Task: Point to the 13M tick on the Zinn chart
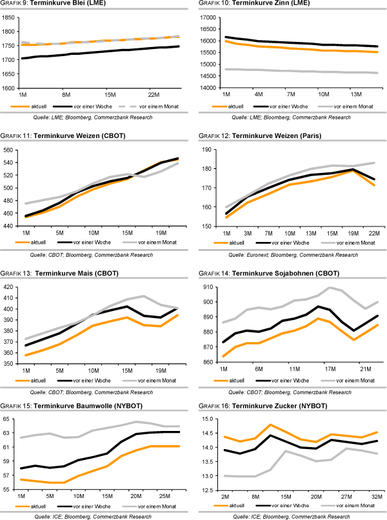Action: point(357,94)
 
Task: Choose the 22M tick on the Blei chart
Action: point(154,94)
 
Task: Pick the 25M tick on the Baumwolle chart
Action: point(164,495)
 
